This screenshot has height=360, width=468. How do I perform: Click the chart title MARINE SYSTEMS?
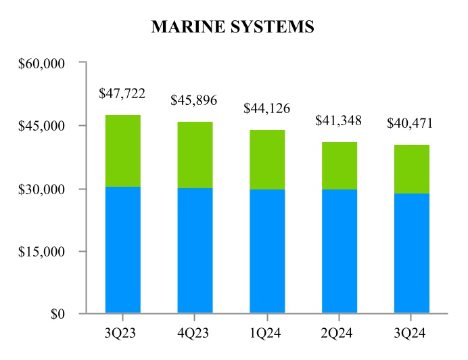tap(233, 26)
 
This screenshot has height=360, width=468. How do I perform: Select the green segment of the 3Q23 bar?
tap(123, 151)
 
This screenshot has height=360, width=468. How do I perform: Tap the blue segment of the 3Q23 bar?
tap(123, 250)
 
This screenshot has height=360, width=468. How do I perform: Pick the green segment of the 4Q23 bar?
tap(195, 155)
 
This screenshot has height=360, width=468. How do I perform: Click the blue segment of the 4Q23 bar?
tap(195, 250)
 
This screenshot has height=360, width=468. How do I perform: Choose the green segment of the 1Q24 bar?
tap(267, 160)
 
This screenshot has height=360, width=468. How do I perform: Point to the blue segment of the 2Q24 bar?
tap(340, 251)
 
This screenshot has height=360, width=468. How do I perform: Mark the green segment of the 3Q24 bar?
tap(412, 169)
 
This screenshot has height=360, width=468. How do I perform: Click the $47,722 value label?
tap(122, 93)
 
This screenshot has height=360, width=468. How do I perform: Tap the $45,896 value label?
tap(194, 101)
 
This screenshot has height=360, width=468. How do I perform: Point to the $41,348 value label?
tap(339, 121)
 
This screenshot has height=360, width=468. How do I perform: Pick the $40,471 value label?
tap(410, 124)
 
